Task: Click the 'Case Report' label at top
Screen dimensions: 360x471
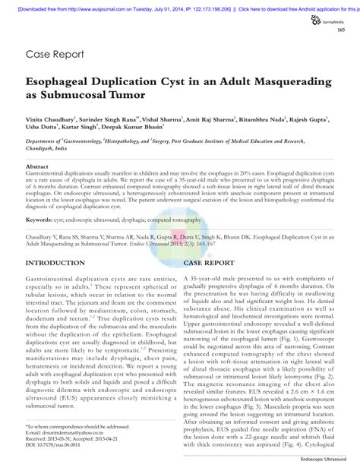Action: (x=55, y=55)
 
